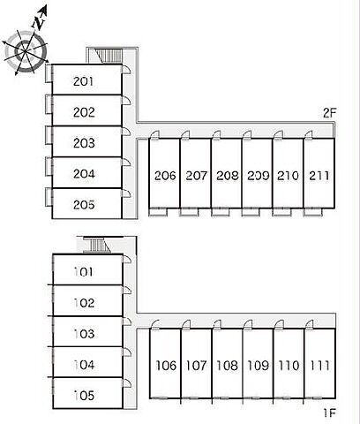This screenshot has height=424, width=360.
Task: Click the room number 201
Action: [x=84, y=81]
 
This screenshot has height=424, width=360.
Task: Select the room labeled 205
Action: [x=84, y=205]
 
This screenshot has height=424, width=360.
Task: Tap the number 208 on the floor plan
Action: [x=228, y=176]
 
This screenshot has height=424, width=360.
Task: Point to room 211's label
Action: [x=319, y=176]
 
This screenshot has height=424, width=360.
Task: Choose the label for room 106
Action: [x=166, y=366]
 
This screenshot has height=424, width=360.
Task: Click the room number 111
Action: [x=319, y=366]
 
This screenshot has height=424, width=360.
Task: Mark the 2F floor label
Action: [x=329, y=112]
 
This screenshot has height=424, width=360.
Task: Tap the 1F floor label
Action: [x=330, y=413]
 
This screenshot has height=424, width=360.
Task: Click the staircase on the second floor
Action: [x=109, y=56]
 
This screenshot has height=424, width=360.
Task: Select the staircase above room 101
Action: [x=97, y=245]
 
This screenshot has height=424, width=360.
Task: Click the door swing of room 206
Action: [x=154, y=134]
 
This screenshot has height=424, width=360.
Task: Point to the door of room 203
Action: [x=126, y=132]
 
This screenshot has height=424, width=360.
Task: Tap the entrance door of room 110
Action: [x=279, y=324]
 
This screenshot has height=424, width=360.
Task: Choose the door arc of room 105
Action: [x=127, y=383]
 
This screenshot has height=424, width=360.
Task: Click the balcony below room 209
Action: [x=251, y=212]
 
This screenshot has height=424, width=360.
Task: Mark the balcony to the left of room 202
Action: [x=49, y=104]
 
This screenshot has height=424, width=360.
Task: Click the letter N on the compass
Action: [x=39, y=22]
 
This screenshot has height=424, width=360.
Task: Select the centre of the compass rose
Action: [x=25, y=52]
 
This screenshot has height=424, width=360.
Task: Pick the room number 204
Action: [x=84, y=174]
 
